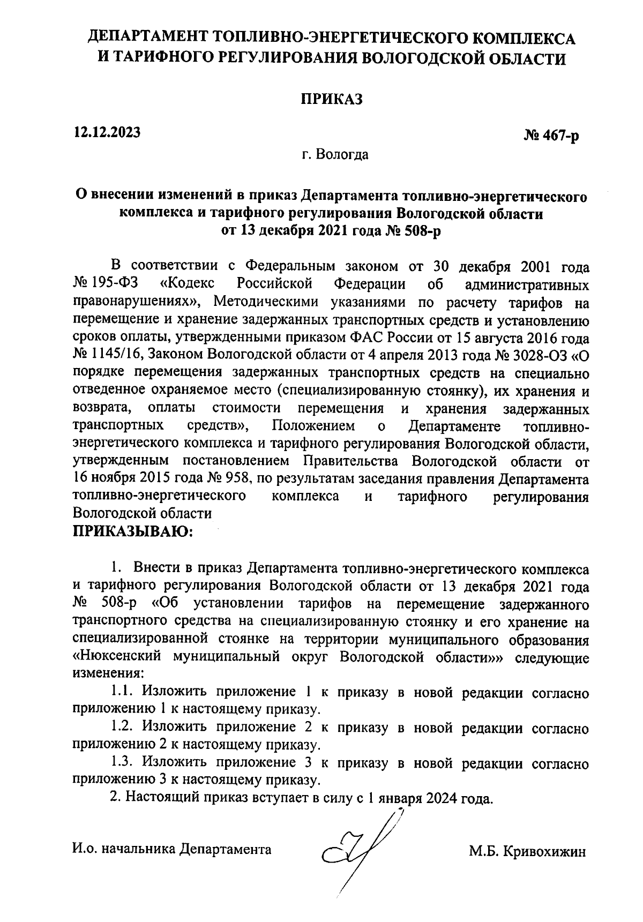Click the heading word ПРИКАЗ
pos(331,99)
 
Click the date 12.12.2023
pos(107,131)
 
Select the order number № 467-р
pos(551,137)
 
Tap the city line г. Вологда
pos(335,155)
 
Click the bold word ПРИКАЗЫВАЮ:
pos(132,531)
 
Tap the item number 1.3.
pos(122,762)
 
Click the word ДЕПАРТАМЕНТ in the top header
pos(147,38)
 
